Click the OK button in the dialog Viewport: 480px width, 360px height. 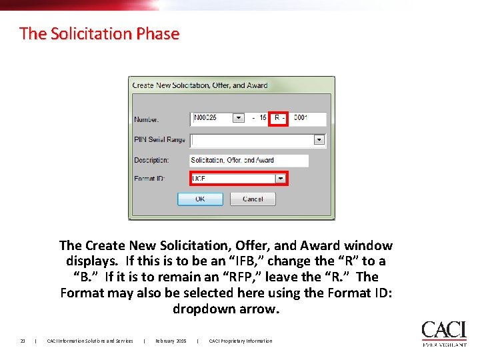point(200,199)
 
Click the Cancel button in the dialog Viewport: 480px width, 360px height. point(253,199)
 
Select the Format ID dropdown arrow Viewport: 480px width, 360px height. point(281,179)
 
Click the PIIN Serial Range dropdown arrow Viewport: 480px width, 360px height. point(319,140)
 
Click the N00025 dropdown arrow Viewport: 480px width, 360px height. point(239,118)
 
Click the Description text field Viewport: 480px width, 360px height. point(249,161)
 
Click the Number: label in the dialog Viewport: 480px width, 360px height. point(147,120)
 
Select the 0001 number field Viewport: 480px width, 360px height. point(307,118)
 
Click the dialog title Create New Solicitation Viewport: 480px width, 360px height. point(200,85)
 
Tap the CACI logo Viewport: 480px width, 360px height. point(443,333)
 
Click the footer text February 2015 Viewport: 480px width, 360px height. point(171,341)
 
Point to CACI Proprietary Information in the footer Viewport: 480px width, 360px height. point(241,341)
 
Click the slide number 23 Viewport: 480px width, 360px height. point(23,341)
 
